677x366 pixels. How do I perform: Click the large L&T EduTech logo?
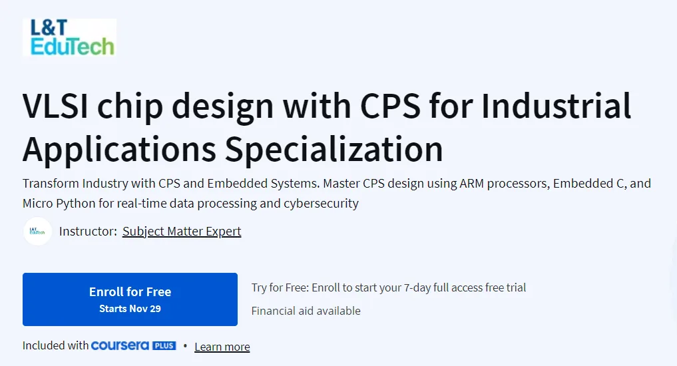tap(69, 37)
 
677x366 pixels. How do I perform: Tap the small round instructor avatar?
tap(37, 232)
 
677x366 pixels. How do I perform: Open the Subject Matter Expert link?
tap(182, 232)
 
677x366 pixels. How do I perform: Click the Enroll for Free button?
tap(130, 299)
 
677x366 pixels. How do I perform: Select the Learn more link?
tap(222, 347)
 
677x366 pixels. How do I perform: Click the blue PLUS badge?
tap(164, 346)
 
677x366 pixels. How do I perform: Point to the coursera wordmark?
tap(120, 346)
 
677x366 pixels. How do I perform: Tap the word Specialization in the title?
tap(334, 149)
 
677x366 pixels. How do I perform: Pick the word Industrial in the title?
tap(556, 106)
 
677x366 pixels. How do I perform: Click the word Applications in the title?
tap(120, 149)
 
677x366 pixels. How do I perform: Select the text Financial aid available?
tap(306, 311)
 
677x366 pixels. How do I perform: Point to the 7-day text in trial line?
tap(417, 288)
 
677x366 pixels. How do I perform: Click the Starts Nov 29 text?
tap(130, 309)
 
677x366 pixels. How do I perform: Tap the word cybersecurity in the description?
tap(321, 203)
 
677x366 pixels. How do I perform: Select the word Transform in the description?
tap(51, 184)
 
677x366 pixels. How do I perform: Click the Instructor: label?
tap(88, 232)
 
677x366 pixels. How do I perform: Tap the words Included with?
tap(55, 346)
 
